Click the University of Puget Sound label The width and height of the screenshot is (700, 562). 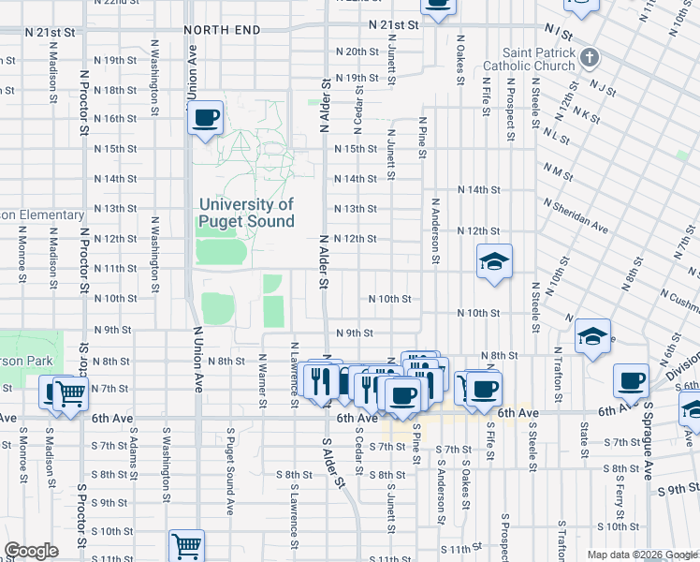click(x=246, y=213)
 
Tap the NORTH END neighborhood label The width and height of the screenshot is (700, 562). click(x=222, y=30)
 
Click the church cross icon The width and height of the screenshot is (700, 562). click(x=588, y=59)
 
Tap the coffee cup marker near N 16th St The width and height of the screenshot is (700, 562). click(x=205, y=118)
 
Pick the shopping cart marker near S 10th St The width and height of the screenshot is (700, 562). click(x=186, y=545)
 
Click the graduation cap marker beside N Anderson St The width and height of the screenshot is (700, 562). click(x=494, y=261)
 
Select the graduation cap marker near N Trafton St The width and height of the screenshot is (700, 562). click(x=591, y=336)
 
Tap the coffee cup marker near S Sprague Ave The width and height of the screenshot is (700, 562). click(x=631, y=380)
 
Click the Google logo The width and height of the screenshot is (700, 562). click(x=31, y=551)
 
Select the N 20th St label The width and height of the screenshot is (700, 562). click(x=356, y=52)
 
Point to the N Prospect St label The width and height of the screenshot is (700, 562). click(x=511, y=109)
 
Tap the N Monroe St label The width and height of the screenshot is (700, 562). click(x=21, y=252)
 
